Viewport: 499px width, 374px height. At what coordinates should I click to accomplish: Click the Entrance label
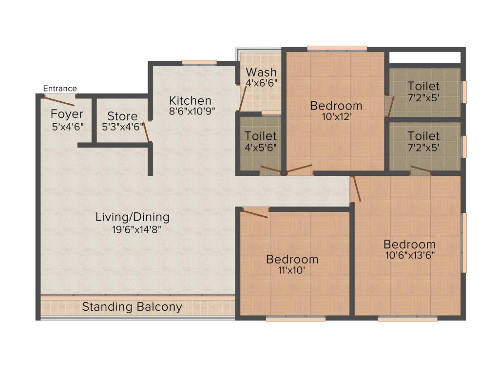pyautogui.click(x=60, y=88)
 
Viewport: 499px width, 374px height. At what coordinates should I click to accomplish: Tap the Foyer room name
pyautogui.click(x=67, y=114)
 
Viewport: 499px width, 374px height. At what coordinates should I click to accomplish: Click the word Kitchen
pyautogui.click(x=190, y=100)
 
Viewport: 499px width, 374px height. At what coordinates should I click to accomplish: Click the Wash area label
pyautogui.click(x=261, y=73)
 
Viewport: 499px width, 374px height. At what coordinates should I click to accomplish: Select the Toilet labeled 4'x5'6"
pyautogui.click(x=260, y=136)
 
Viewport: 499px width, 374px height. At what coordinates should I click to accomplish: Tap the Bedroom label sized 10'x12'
pyautogui.click(x=336, y=105)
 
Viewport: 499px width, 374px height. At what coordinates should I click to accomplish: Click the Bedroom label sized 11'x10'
pyautogui.click(x=292, y=260)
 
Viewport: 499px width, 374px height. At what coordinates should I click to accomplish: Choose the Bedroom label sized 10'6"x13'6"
pyautogui.click(x=409, y=244)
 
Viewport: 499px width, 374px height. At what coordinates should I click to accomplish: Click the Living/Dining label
pyautogui.click(x=132, y=217)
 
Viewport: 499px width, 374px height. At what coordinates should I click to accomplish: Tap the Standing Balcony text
pyautogui.click(x=132, y=307)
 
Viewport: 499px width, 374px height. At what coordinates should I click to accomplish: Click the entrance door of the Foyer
pyautogui.click(x=59, y=101)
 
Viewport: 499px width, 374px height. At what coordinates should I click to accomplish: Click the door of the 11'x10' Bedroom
pyautogui.click(x=255, y=213)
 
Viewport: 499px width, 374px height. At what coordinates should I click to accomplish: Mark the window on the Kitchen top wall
pyautogui.click(x=199, y=62)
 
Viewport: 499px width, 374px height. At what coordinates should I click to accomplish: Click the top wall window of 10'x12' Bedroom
pyautogui.click(x=337, y=48)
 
